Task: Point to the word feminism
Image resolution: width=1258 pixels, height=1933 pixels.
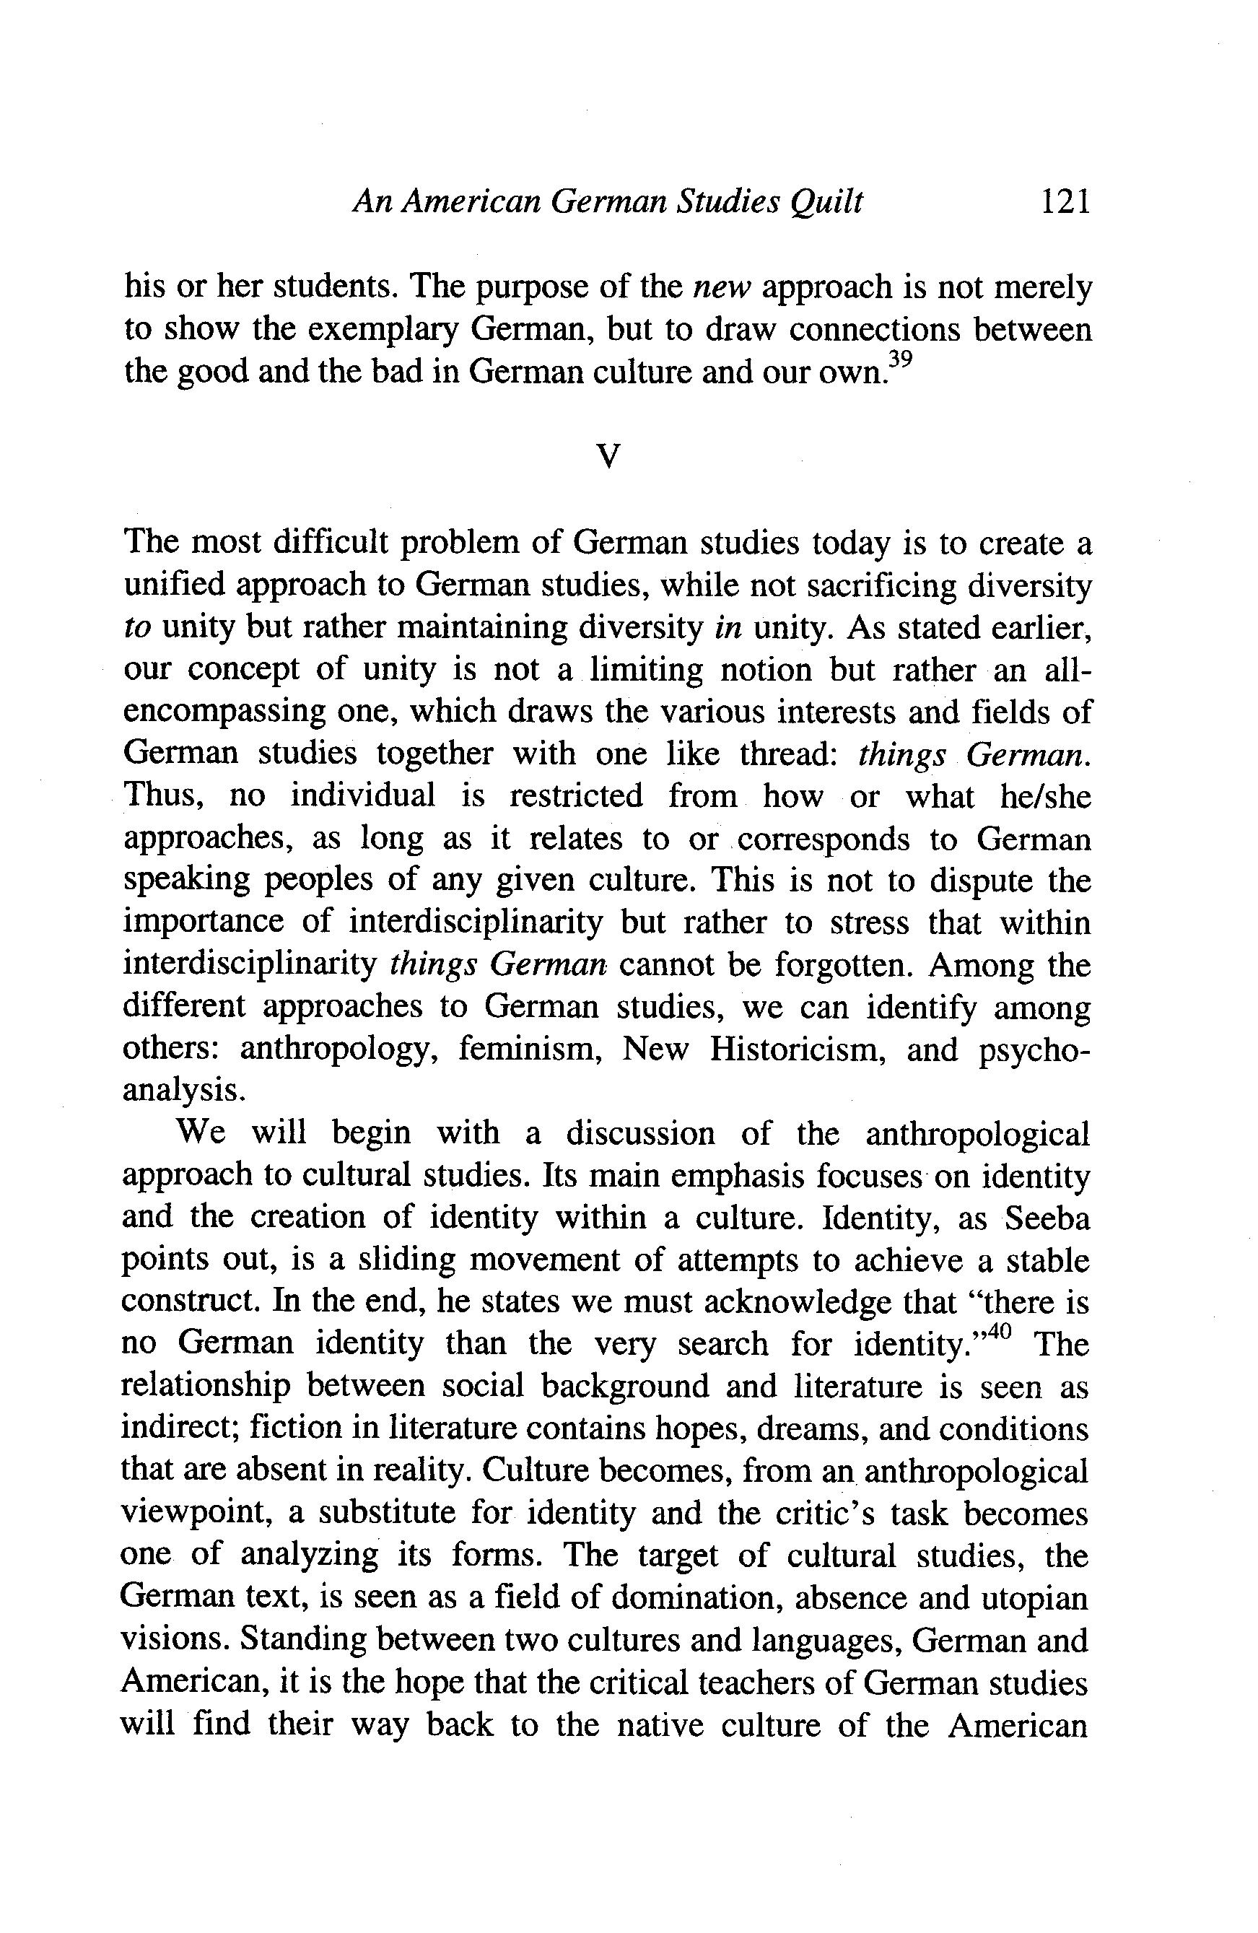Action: [530, 1051]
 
